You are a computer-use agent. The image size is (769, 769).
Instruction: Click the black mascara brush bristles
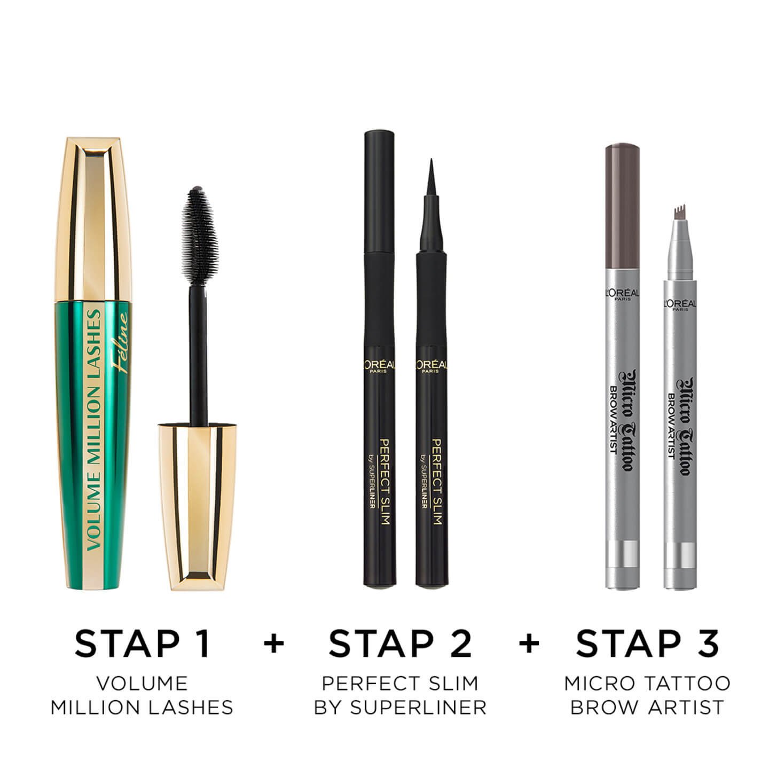point(200,236)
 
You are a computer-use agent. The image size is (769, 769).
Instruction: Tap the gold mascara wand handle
point(197,506)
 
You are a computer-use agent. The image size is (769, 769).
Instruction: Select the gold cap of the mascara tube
point(93,219)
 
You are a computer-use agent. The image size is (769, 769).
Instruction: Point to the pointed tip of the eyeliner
point(431,159)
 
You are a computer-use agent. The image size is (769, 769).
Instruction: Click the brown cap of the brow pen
point(623,206)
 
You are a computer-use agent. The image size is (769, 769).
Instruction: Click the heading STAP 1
point(142,644)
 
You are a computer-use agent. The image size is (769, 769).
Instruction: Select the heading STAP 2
point(400,644)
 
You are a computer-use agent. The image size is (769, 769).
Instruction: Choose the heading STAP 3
point(647,644)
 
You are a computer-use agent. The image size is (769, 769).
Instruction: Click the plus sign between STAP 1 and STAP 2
point(274,644)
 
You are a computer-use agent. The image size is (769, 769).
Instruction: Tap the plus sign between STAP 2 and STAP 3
point(529,644)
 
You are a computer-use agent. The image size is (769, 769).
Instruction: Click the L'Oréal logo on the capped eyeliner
point(379,366)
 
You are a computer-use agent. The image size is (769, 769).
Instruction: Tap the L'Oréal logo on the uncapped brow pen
point(680,305)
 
